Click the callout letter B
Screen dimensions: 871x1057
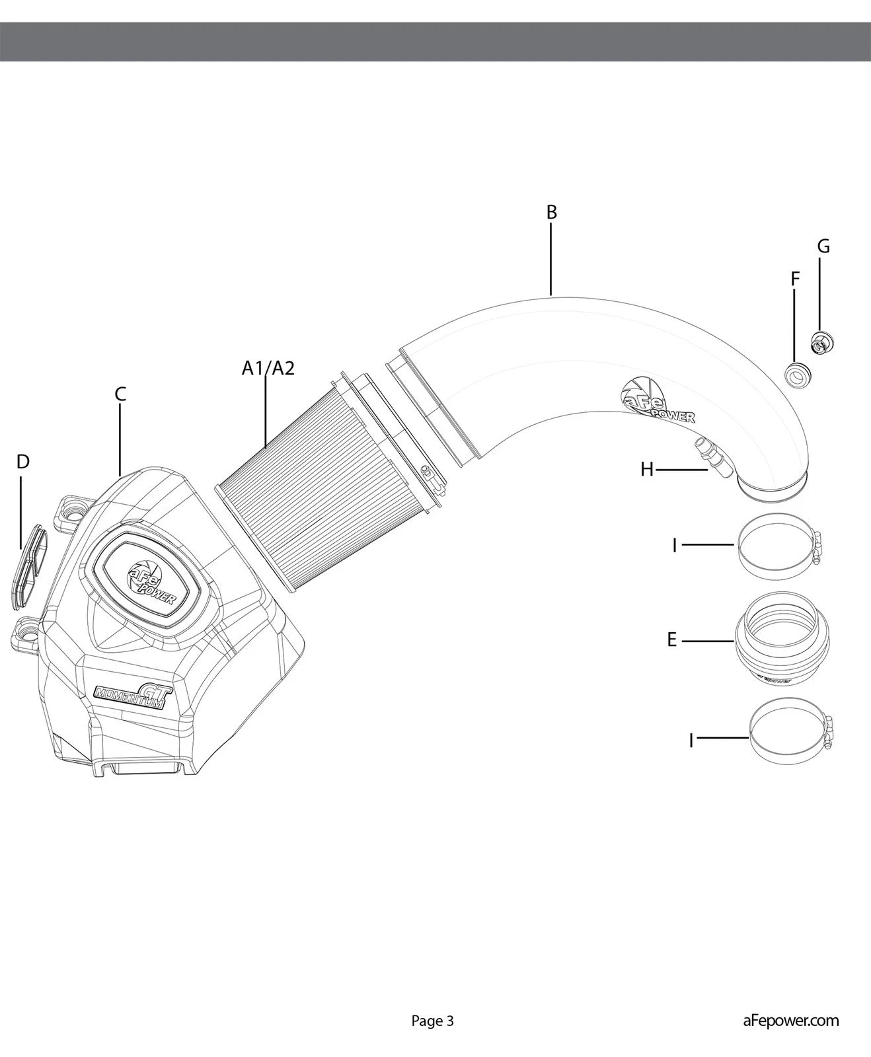tap(552, 212)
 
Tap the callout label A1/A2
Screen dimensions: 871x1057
tap(268, 368)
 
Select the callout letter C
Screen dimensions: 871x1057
tap(120, 394)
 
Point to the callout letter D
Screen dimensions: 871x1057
tap(23, 462)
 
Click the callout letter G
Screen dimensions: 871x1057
tap(823, 246)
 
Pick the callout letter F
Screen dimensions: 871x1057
tap(795, 279)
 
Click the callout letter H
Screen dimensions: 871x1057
tap(647, 470)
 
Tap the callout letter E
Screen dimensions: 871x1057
tap(672, 640)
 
